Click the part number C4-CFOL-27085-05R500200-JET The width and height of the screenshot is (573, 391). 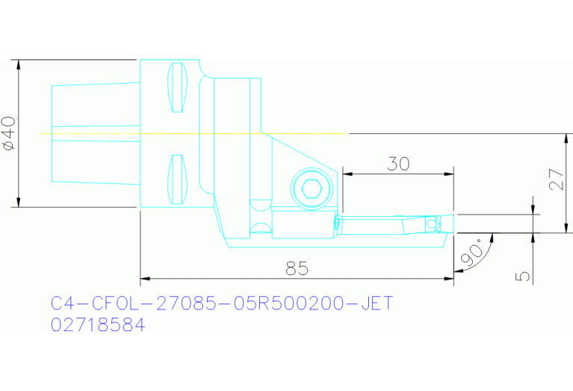point(221,304)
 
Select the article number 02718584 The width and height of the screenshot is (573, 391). point(97,326)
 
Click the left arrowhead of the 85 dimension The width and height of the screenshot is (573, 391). point(145,279)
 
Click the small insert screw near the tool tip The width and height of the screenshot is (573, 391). point(430,223)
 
